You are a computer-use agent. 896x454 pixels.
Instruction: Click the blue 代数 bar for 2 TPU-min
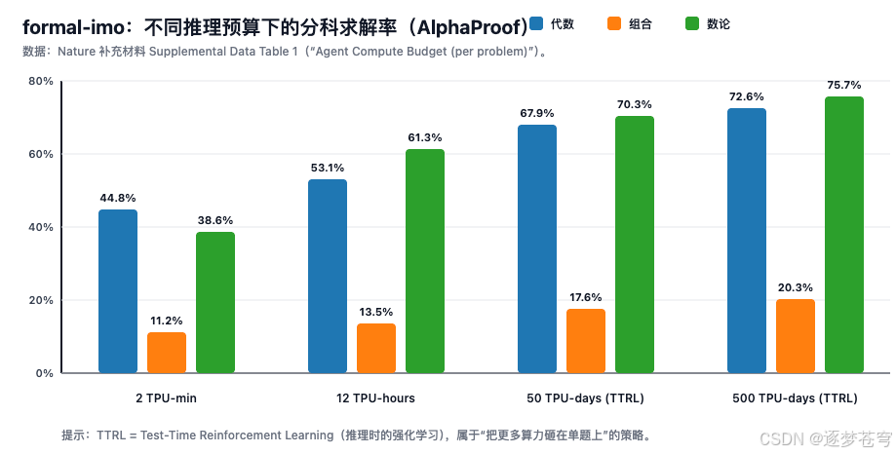pyautogui.click(x=118, y=291)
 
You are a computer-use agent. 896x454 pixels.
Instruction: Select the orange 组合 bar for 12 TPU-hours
pyautogui.click(x=376, y=348)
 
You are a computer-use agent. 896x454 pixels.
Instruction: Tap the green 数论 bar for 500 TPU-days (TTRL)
pyautogui.click(x=844, y=235)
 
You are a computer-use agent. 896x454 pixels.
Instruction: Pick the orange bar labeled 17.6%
pyautogui.click(x=586, y=341)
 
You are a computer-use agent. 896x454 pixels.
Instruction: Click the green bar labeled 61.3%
pyautogui.click(x=425, y=261)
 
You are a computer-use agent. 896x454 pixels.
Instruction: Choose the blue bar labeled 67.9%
pyautogui.click(x=537, y=248)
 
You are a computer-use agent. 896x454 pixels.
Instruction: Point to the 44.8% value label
pyautogui.click(x=118, y=198)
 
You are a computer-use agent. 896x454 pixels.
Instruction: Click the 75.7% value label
pyautogui.click(x=844, y=85)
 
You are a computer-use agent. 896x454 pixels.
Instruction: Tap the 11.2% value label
pyautogui.click(x=167, y=321)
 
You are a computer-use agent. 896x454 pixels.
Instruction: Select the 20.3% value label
pyautogui.click(x=796, y=287)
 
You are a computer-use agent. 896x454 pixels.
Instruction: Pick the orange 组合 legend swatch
pyautogui.click(x=616, y=23)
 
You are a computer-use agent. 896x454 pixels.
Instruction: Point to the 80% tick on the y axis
pyautogui.click(x=40, y=81)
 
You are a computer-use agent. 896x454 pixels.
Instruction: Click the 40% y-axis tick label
pyautogui.click(x=40, y=227)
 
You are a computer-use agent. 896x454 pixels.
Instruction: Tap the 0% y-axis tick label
pyautogui.click(x=43, y=373)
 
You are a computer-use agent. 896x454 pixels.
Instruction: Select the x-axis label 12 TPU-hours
pyautogui.click(x=376, y=398)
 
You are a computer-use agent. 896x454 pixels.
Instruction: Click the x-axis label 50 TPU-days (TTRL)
pyautogui.click(x=586, y=398)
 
